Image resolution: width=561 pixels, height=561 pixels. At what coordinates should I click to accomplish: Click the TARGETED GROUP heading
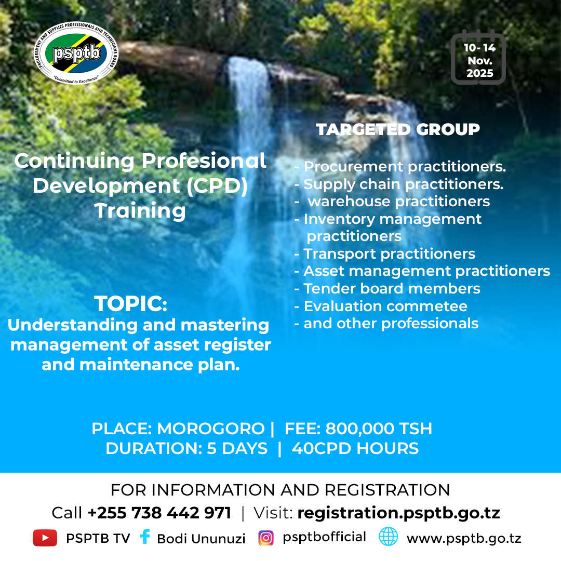pos(398,129)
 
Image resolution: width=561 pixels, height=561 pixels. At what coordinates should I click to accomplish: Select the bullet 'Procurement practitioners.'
pos(404,167)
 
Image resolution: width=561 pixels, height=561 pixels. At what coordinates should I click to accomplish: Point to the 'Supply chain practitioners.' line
pos(403,184)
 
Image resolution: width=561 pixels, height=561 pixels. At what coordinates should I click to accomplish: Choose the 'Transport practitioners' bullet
pos(389,254)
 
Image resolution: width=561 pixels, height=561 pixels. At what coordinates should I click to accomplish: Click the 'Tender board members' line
pos(392,289)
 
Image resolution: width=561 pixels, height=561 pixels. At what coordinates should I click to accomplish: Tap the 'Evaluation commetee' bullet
pos(385,306)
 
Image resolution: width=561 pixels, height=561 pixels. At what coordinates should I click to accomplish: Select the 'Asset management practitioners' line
pos(426,271)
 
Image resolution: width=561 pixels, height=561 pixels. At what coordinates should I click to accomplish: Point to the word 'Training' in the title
pos(140,211)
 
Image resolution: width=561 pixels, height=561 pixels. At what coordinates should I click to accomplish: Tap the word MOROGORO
pos(210,429)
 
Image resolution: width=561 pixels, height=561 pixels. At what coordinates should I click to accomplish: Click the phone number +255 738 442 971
pos(159,513)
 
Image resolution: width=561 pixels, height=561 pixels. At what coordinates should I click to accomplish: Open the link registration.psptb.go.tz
pos(398,513)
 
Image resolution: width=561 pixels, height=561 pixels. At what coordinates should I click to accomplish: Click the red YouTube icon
pos(45,538)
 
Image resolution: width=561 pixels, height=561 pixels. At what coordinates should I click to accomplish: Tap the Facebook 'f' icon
pos(145,537)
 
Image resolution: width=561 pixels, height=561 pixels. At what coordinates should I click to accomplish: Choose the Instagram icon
pos(266,538)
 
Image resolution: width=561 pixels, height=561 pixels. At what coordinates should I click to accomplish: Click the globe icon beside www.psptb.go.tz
pos(388,537)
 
